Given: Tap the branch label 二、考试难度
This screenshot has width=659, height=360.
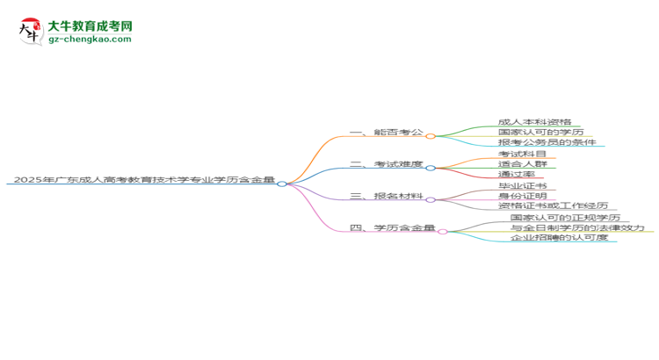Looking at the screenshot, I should [386, 164].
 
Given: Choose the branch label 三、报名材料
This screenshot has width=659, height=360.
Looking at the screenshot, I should [386, 197].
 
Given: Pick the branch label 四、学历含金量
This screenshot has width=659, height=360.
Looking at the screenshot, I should [392, 228].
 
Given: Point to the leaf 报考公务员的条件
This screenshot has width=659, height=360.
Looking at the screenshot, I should [547, 141].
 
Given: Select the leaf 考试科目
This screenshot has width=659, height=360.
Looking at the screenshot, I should [522, 154].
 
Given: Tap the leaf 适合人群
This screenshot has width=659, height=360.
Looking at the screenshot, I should [527, 164].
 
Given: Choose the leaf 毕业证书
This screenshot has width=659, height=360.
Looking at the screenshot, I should [522, 186].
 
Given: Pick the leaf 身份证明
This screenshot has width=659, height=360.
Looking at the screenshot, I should [522, 197].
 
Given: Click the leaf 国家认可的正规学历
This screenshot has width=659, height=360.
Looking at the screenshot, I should [565, 217].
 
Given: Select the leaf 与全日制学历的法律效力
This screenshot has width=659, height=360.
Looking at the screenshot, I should [577, 227].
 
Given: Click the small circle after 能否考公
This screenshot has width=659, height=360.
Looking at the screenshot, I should [431, 136].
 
